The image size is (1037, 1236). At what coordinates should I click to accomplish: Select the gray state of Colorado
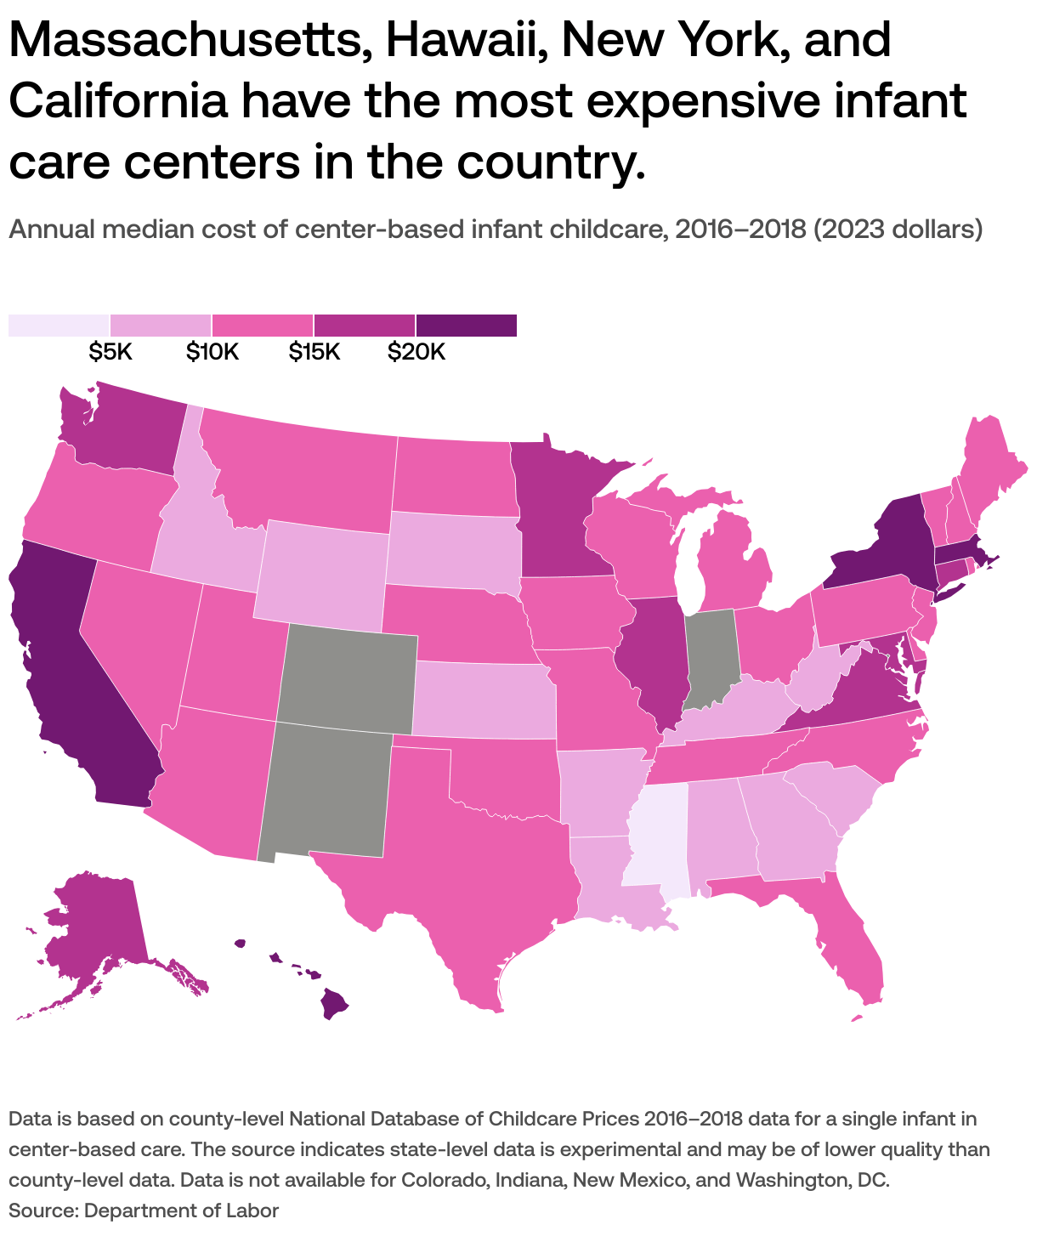click(347, 677)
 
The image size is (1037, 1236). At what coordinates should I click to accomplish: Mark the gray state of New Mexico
click(327, 791)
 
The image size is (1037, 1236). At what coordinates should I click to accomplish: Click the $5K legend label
click(110, 352)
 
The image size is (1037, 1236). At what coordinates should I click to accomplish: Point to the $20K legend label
click(416, 352)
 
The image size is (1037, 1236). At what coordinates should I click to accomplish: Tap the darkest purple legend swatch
click(466, 326)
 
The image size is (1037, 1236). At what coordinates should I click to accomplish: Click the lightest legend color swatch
click(59, 326)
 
